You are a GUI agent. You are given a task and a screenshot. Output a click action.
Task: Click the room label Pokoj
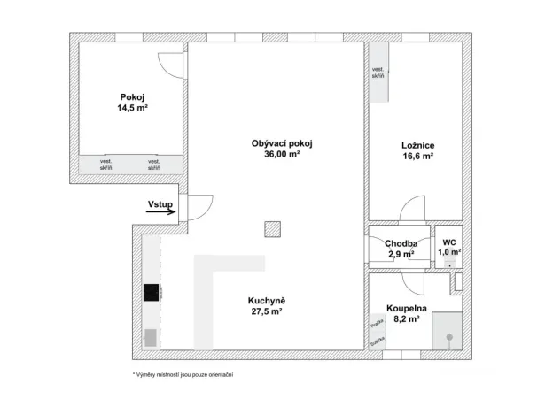pyautogui.click(x=132, y=97)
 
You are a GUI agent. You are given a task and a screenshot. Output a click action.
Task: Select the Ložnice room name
pyautogui.click(x=417, y=145)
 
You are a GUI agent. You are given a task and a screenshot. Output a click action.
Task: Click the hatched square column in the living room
pyautogui.click(x=271, y=230)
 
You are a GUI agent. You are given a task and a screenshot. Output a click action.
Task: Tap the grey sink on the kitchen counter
pyautogui.click(x=150, y=337)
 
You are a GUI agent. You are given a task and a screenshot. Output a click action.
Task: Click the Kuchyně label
pyautogui.click(x=266, y=301)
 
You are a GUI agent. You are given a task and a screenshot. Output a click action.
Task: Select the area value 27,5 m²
pyautogui.click(x=266, y=312)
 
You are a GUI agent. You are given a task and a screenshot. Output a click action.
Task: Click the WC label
pyautogui.click(x=449, y=241)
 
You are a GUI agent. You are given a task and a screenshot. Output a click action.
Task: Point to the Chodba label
pyautogui.click(x=401, y=244)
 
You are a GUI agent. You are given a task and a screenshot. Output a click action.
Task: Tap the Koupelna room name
pyautogui.click(x=407, y=309)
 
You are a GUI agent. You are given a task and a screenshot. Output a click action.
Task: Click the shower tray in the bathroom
pyautogui.click(x=448, y=333)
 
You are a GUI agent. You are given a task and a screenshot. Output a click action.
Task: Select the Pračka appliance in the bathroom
pyautogui.click(x=377, y=325)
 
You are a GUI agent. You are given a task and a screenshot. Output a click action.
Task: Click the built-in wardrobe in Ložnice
pyautogui.click(x=378, y=73)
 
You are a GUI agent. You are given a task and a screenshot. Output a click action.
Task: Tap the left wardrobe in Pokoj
pyautogui.click(x=105, y=164)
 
